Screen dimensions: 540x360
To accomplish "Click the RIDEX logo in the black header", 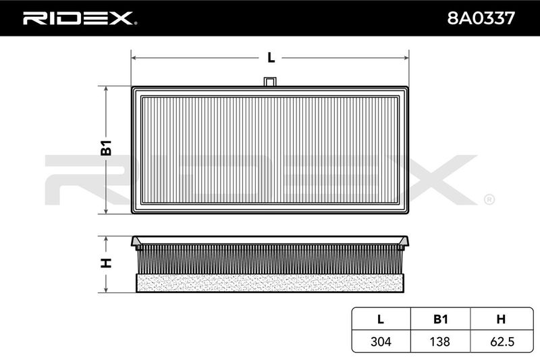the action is pos(80,18).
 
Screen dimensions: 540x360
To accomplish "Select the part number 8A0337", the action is pos(481,18).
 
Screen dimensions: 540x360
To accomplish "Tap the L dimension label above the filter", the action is pos(271,57).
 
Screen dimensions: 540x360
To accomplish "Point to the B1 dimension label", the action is pos(107,148).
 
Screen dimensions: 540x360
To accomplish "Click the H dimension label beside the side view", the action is pos(106,263).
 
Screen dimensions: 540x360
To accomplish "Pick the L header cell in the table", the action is pos(381,319).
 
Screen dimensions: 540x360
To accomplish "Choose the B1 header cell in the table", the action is pos(441,319).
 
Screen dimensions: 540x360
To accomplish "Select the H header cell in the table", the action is pos(501,319).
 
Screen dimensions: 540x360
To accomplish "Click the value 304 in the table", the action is pos(381,341).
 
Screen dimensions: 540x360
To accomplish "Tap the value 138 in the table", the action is pos(440,341).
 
